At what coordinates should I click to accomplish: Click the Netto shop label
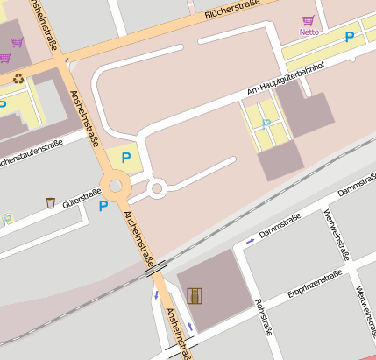(309, 32)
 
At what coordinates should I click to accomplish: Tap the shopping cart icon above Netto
(308, 20)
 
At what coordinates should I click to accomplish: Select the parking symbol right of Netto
(350, 37)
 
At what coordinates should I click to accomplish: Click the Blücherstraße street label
(234, 9)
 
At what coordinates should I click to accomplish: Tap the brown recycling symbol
(18, 78)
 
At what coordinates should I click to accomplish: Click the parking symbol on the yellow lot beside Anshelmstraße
(126, 158)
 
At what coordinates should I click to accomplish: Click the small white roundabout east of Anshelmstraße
(158, 187)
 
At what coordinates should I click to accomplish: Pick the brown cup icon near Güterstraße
(51, 203)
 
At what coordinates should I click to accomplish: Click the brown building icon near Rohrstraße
(194, 295)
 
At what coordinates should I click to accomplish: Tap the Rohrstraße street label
(262, 316)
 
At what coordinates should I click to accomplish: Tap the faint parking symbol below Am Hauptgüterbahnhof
(266, 124)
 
